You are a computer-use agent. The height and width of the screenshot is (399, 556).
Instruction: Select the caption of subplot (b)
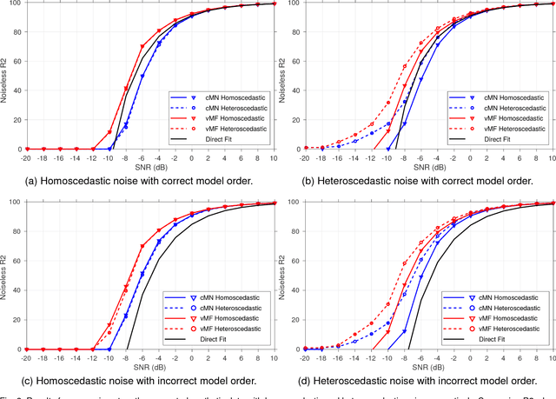coord(421,180)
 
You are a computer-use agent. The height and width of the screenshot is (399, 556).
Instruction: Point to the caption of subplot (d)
coord(421,379)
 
